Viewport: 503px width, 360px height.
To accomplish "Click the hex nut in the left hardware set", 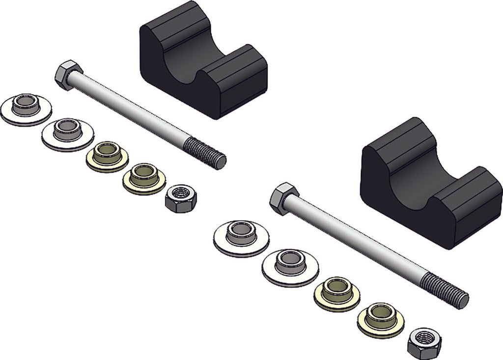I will pos(180,198).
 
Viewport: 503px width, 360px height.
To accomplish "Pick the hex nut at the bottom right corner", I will pos(423,342).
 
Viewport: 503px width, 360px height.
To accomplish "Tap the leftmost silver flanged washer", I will pos(26,109).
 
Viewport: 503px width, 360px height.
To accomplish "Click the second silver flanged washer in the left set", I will pos(67,134).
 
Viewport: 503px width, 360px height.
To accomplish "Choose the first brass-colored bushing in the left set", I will pos(107,156).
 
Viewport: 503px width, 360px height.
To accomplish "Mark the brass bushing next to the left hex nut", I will pos(143,178).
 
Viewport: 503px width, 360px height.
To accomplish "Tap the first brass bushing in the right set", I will pos(337,294).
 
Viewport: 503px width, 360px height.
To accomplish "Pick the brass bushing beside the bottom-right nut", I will pos(381,319).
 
